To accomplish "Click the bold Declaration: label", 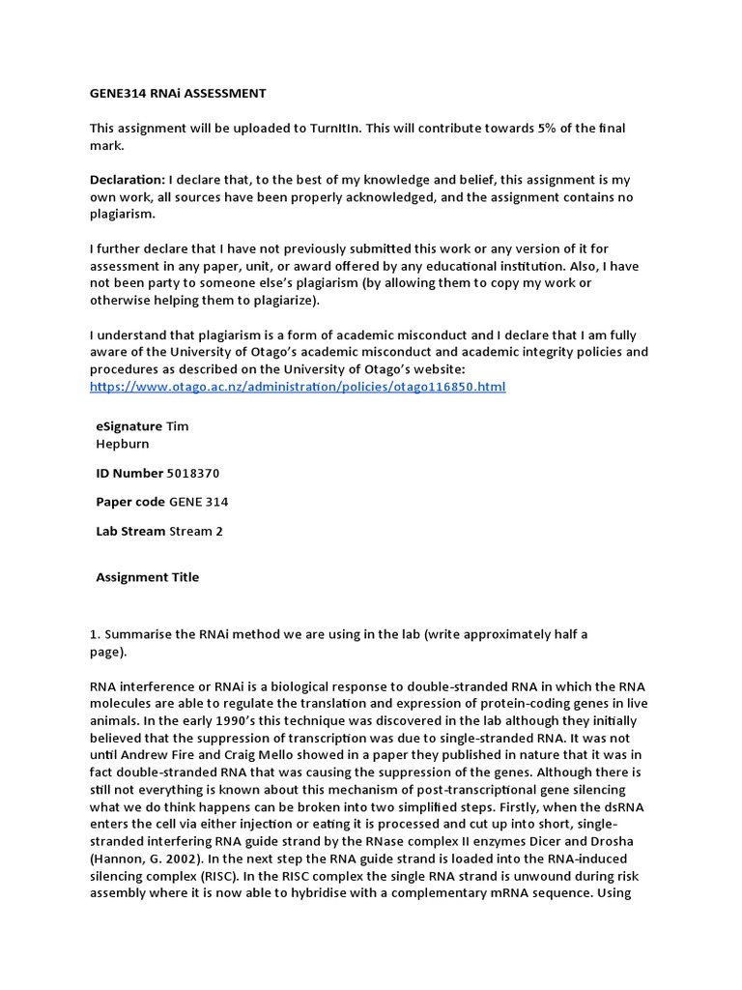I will tap(128, 180).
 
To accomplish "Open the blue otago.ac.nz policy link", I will tap(298, 387).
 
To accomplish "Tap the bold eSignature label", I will tap(129, 425).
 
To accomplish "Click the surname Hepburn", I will tap(123, 444).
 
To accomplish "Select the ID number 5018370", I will tap(194, 473).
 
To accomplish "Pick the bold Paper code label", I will tap(130, 502).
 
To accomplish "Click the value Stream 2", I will tap(196, 531).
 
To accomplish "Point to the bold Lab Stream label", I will tap(130, 531).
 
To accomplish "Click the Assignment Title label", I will tap(148, 577).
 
